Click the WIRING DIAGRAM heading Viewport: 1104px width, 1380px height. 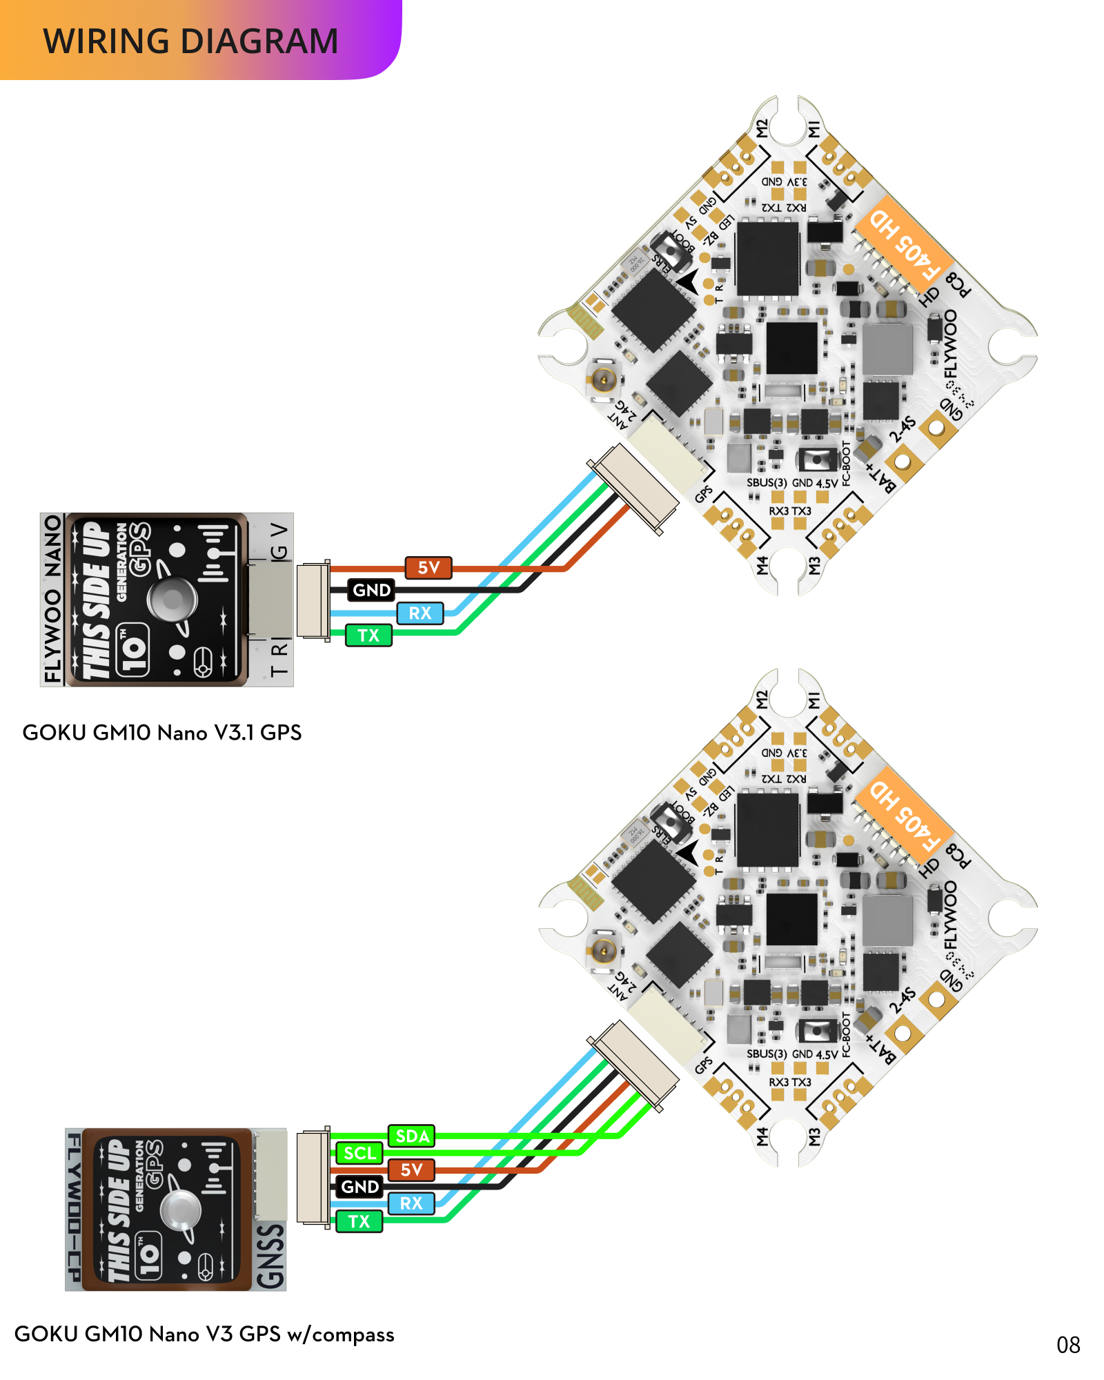[190, 41]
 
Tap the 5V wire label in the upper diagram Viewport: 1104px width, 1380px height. [428, 568]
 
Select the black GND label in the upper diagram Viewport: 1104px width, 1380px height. [371, 590]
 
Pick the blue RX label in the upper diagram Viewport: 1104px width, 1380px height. [420, 613]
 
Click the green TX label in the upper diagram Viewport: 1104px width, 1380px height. [368, 635]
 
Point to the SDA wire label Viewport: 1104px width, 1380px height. [412, 1136]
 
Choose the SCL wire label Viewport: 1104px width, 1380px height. [359, 1153]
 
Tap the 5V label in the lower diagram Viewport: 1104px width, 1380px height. [411, 1170]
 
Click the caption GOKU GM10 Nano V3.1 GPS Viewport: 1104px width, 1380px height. [162, 733]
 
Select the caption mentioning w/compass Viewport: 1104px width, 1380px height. [204, 1334]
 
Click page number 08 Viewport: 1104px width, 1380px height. [1068, 1345]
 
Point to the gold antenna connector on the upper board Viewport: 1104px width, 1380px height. [604, 378]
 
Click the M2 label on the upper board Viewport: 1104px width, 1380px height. [762, 128]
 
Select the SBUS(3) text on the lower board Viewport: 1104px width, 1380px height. [766, 1054]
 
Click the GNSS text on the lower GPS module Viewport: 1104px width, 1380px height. [270, 1256]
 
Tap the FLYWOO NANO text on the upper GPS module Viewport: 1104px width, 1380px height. [52, 599]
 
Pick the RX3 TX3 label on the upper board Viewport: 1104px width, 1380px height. [790, 511]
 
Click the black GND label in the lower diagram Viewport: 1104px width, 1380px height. [359, 1187]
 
